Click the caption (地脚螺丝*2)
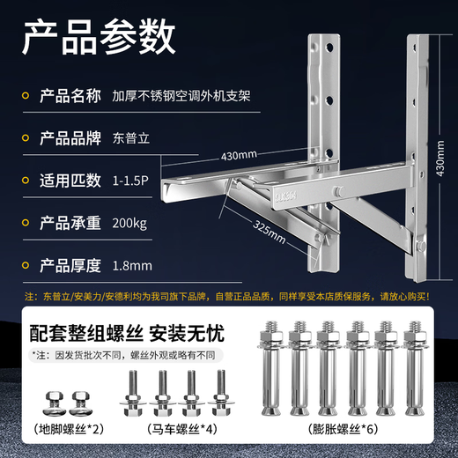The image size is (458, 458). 69,430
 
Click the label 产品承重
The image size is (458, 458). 70,223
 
